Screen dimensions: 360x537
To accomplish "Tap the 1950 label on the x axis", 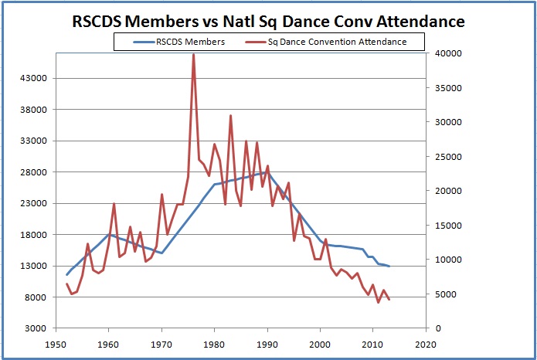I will (x=56, y=345).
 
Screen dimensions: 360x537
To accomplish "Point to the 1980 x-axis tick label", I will (x=214, y=345).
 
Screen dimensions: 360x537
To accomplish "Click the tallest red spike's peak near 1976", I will (x=193, y=54).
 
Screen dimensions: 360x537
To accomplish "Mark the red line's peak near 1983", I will (x=230, y=116).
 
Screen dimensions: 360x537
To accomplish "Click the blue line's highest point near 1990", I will (x=265, y=173).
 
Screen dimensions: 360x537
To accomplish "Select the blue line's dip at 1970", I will (x=161, y=253).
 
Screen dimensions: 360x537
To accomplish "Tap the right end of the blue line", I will (x=389, y=267).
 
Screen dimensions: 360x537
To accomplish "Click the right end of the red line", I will (x=389, y=300).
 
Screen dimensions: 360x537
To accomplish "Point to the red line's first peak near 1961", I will (x=114, y=204).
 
